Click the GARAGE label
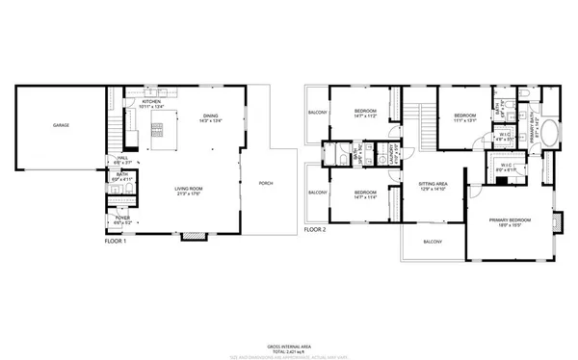tap(60, 125)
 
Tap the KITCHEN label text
tap(152, 101)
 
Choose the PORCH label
tap(266, 183)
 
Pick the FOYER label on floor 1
tap(123, 218)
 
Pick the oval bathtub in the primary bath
tap(550, 132)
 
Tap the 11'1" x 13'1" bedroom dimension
tap(466, 120)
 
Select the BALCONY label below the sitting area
tap(434, 242)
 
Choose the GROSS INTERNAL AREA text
tap(288, 345)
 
